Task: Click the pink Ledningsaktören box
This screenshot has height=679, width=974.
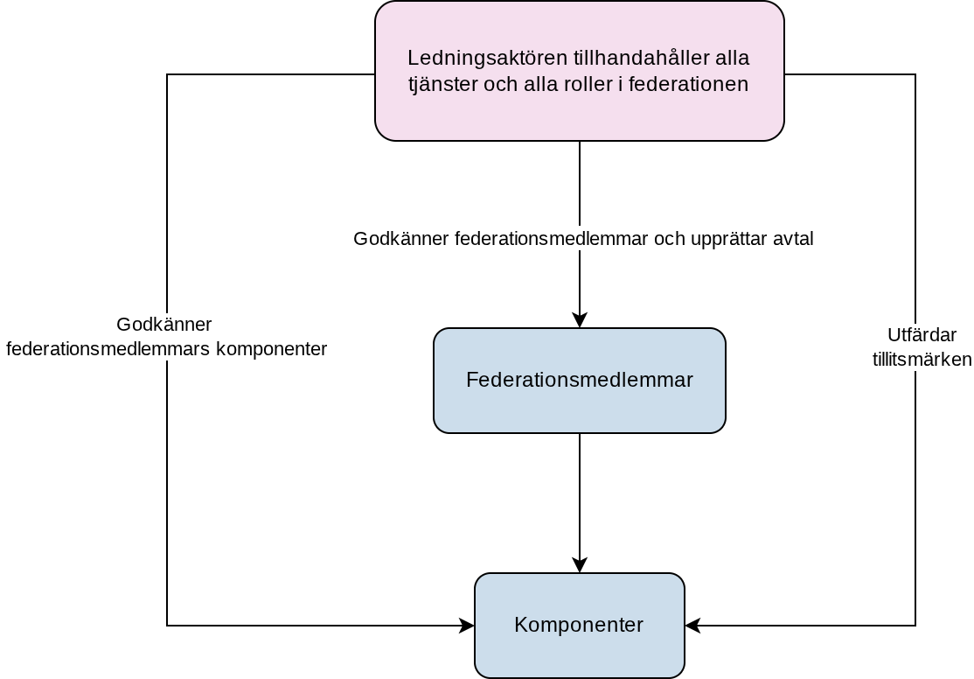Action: (x=580, y=71)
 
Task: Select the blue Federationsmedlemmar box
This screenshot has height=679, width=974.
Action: (x=580, y=381)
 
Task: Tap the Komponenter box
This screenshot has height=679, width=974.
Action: (x=580, y=625)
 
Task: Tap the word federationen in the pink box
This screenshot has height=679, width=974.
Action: (x=688, y=84)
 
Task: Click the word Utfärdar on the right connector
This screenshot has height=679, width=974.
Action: (x=922, y=335)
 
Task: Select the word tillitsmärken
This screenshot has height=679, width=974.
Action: (x=922, y=360)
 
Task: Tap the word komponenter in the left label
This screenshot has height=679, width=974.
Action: (x=271, y=349)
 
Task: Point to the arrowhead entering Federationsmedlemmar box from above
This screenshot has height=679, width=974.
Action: (x=580, y=320)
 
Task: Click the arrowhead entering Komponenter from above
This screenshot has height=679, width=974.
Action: (x=580, y=565)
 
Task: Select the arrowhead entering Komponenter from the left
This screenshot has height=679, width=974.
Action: (x=467, y=626)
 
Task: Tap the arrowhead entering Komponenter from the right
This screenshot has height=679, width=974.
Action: (x=692, y=626)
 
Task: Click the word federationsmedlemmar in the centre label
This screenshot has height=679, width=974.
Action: (x=552, y=239)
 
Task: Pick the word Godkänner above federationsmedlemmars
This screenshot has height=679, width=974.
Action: (x=164, y=325)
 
